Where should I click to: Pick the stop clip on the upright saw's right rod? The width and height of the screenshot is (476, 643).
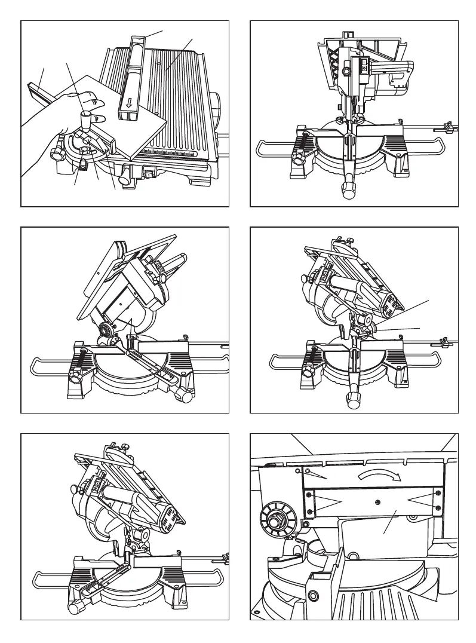tap(444, 127)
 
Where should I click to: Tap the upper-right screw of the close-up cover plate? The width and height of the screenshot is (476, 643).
tap(438, 492)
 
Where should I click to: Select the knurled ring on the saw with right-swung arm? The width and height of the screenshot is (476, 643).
tap(107, 328)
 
